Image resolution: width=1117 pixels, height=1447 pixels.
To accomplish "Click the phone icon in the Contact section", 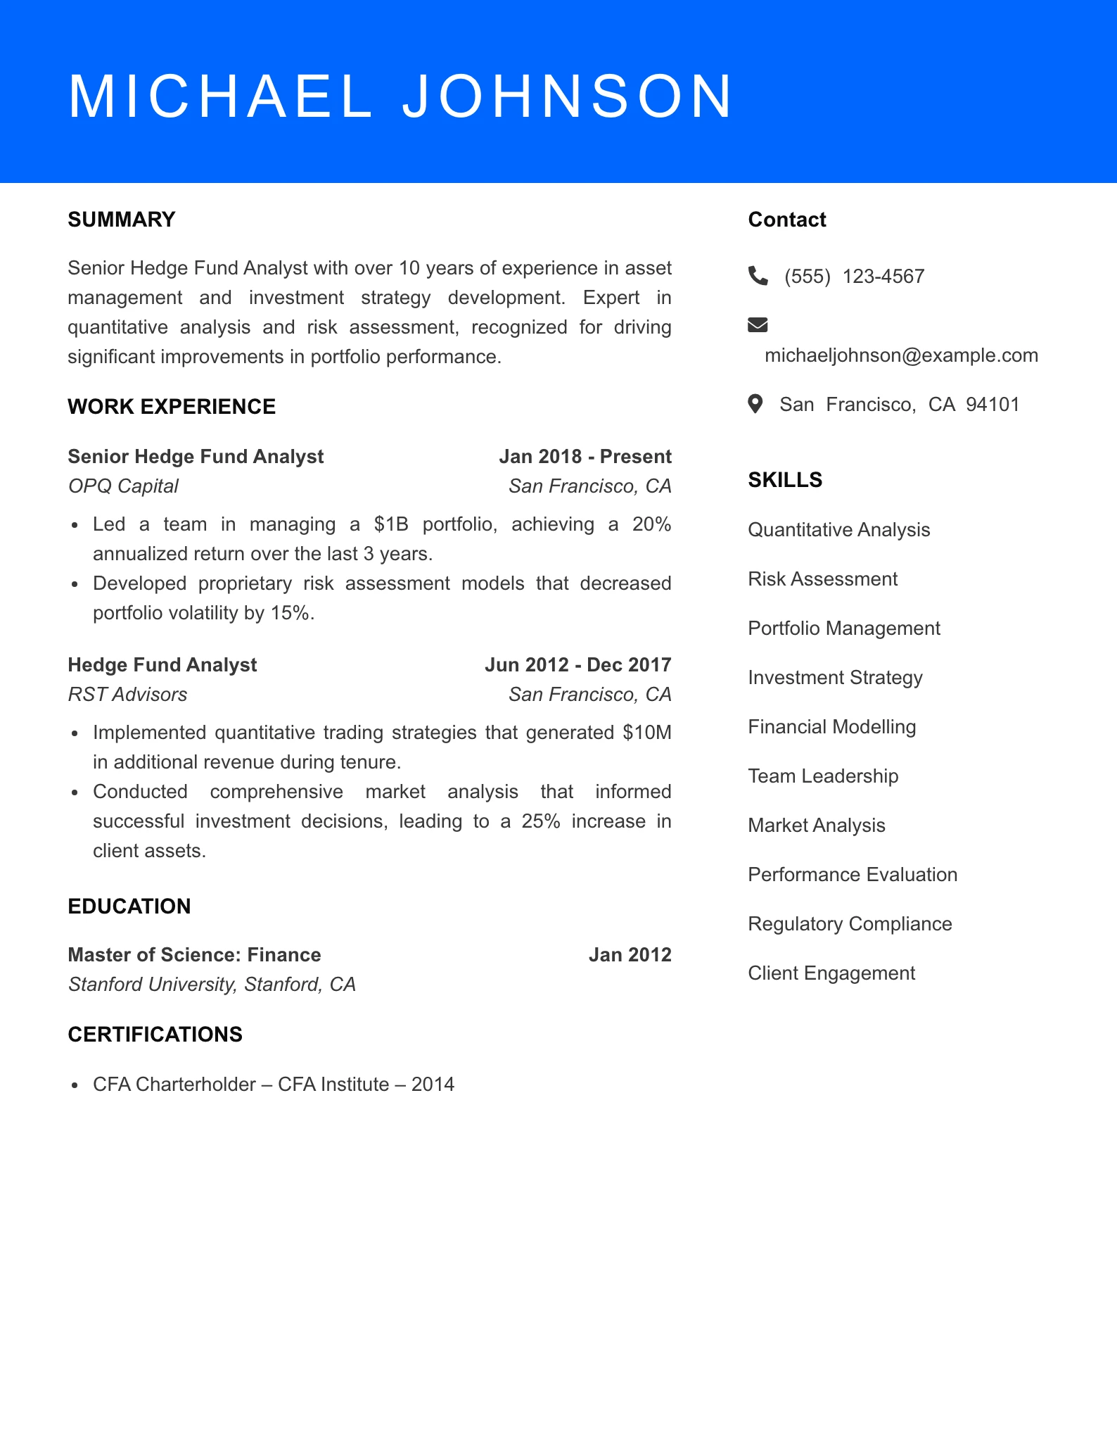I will click(x=758, y=275).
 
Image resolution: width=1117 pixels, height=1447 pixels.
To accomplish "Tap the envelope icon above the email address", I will click(x=758, y=324).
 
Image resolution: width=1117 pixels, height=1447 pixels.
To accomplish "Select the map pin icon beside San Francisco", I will click(x=755, y=404).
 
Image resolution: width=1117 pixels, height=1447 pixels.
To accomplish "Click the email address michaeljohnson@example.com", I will click(x=901, y=355).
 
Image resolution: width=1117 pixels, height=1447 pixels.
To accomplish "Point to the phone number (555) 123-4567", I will click(x=854, y=277).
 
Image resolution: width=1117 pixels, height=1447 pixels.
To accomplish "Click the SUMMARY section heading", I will click(x=122, y=220).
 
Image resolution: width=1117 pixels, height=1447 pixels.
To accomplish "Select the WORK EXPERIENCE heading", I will click(x=172, y=407).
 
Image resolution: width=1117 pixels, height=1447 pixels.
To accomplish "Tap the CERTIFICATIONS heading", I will click(x=155, y=1034).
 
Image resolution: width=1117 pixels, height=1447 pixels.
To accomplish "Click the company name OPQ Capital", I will click(x=123, y=486).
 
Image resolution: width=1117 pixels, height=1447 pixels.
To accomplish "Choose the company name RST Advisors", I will click(x=127, y=695).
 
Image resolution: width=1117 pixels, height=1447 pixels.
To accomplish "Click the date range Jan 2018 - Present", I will click(x=585, y=457).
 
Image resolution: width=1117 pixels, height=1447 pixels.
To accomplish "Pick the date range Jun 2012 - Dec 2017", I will click(x=577, y=665).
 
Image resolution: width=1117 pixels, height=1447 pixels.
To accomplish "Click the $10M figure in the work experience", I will click(x=647, y=733).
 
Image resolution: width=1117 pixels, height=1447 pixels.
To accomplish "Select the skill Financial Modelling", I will click(x=831, y=727).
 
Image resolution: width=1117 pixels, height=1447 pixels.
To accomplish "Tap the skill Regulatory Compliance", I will click(x=850, y=924).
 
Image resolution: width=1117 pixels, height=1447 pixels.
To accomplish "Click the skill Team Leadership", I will click(x=823, y=776).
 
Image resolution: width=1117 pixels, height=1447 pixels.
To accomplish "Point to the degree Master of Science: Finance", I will click(x=194, y=955).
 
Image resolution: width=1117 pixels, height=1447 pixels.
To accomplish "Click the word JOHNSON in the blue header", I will click(x=568, y=96).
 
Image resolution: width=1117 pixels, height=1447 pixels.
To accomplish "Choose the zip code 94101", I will click(x=992, y=405).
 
